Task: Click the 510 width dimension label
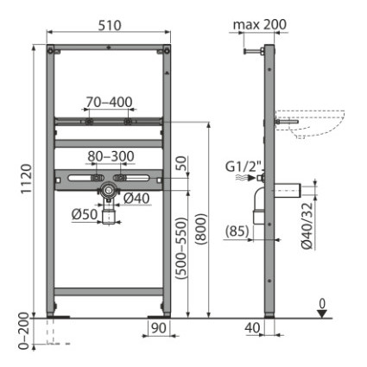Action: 110,25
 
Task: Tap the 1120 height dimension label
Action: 27,179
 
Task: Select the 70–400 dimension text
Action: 109,102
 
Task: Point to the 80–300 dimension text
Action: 111,156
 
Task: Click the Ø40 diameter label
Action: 136,199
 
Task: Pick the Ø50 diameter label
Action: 85,214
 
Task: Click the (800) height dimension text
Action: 201,229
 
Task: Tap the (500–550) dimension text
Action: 181,248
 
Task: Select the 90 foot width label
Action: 159,328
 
